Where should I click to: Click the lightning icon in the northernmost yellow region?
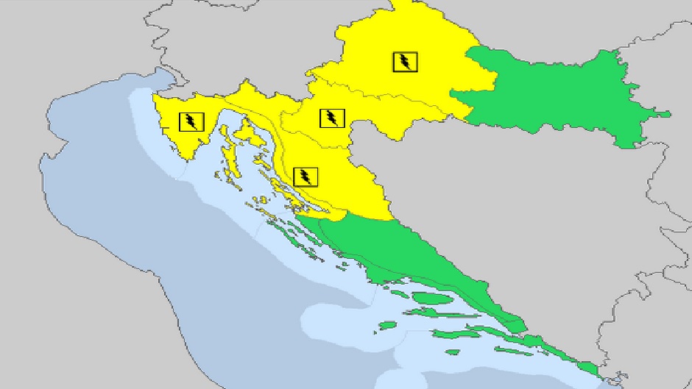(x=404, y=62)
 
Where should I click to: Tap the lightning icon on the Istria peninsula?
(x=191, y=121)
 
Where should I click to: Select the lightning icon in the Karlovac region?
(x=332, y=118)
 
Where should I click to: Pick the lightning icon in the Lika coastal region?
(x=305, y=176)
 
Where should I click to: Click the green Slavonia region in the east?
(x=559, y=96)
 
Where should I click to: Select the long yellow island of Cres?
(x=227, y=158)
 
